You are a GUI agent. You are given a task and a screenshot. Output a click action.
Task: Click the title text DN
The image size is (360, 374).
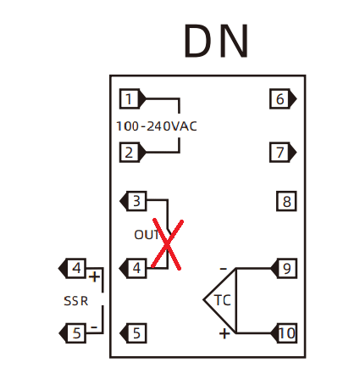tap(216, 41)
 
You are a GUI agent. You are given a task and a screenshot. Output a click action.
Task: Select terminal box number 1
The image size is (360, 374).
tap(130, 99)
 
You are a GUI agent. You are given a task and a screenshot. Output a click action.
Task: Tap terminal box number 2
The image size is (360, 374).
tap(130, 153)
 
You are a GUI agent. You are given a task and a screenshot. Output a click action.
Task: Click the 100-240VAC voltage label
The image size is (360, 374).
tap(157, 126)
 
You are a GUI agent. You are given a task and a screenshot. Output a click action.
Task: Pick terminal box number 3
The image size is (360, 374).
tap(136, 201)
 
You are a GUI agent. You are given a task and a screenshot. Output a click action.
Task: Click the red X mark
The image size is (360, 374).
tap(168, 244)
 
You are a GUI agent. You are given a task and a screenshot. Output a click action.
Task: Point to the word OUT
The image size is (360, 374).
tap(147, 235)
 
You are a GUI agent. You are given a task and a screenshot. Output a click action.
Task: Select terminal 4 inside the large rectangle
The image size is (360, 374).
tap(136, 268)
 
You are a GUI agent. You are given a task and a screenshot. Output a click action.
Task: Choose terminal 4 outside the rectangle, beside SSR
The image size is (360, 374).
tap(76, 268)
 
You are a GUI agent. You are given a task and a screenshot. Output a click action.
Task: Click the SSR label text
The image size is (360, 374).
tap(75, 301)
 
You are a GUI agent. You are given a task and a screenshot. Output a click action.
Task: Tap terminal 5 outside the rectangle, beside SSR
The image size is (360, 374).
tap(76, 333)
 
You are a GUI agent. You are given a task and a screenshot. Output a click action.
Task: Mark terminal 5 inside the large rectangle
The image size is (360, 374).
tap(136, 333)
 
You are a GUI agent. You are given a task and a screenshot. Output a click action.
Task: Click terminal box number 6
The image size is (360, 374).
tap(280, 99)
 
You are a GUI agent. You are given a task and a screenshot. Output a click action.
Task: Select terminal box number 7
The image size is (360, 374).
tap(280, 153)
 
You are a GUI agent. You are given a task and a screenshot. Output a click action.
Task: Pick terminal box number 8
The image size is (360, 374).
tap(286, 201)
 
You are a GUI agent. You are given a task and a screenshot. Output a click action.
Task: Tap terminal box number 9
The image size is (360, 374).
tap(286, 268)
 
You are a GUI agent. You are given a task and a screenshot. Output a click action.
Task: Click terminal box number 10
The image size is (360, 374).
tap(286, 333)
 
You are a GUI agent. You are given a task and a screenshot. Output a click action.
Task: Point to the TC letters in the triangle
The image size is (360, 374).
tap(223, 300)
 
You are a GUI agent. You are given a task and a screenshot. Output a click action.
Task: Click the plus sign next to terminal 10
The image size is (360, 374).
tap(224, 333)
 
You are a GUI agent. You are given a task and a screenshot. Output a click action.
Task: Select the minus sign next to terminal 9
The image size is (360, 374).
tap(224, 268)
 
